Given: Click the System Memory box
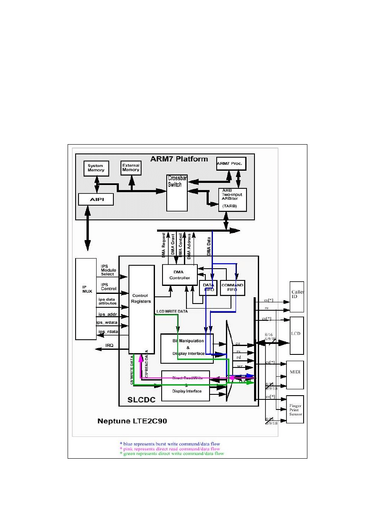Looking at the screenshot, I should pos(96,169).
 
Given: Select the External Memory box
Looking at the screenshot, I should pos(131,168).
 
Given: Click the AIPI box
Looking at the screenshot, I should pos(96,199).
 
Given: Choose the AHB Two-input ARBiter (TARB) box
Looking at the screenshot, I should pos(232,199).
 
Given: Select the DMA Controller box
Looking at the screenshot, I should pos(180,275).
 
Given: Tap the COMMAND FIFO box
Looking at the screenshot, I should pos(232,288).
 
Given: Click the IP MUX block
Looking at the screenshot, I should pos(86,299).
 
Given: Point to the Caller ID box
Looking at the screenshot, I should pos(297,297).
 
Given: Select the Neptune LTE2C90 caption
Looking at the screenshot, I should pos(132,421).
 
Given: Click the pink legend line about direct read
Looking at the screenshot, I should pos(169,449).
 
